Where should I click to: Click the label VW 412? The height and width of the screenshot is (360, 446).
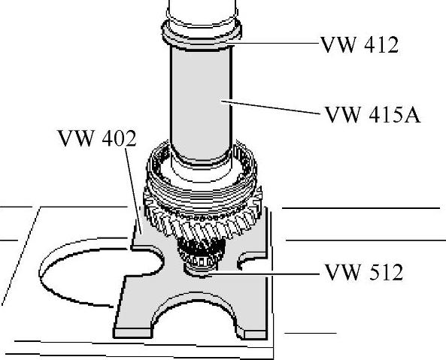point(360,45)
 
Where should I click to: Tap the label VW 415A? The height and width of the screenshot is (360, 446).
point(372,114)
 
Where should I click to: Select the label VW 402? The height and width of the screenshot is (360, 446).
point(97,138)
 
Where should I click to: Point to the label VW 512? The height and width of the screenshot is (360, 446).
point(364,272)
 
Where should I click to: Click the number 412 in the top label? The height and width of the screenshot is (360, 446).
point(381,45)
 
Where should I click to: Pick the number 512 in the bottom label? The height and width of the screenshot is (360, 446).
point(385,272)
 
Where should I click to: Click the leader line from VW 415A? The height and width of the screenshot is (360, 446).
point(271,107)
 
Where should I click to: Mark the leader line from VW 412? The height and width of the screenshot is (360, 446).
point(275,43)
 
